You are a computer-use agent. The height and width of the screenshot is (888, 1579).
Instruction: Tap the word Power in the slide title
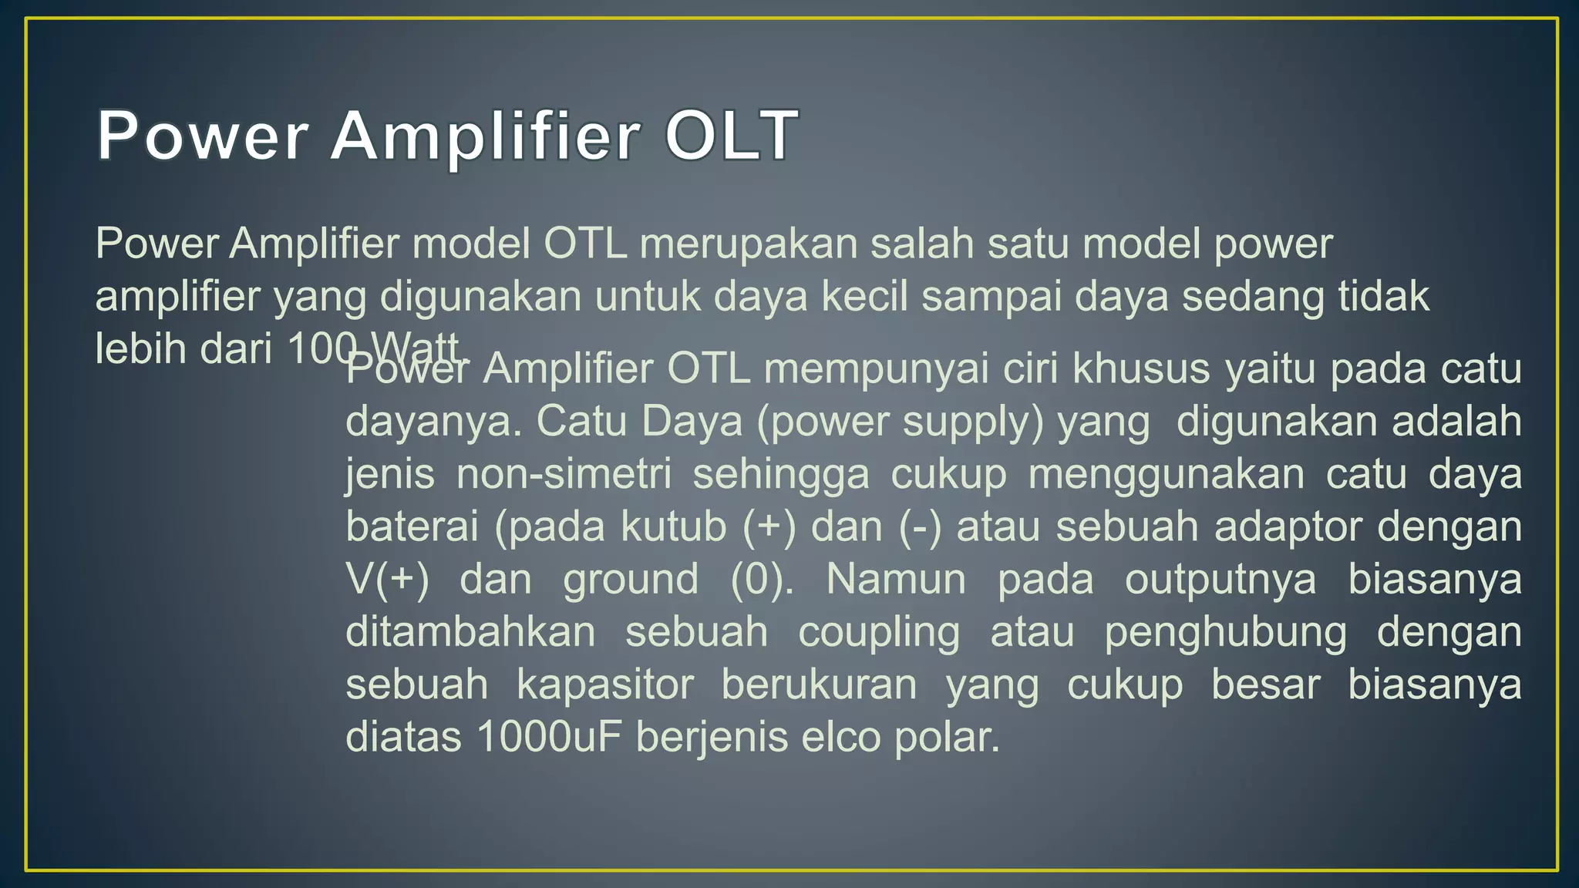[203, 136]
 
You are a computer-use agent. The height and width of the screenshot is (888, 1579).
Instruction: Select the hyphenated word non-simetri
[564, 474]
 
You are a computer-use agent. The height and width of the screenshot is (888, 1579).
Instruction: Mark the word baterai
[412, 526]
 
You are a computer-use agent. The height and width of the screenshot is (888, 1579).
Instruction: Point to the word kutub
[674, 526]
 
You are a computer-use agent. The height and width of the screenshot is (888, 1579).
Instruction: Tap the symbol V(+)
[387, 579]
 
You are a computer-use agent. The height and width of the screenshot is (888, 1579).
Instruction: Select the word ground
[631, 580]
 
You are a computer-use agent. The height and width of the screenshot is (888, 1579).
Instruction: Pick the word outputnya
[1220, 580]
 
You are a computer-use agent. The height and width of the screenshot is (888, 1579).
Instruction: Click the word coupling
[879, 633]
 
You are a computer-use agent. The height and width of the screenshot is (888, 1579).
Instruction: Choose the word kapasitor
[605, 684]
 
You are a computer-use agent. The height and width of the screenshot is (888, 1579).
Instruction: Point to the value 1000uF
[549, 737]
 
